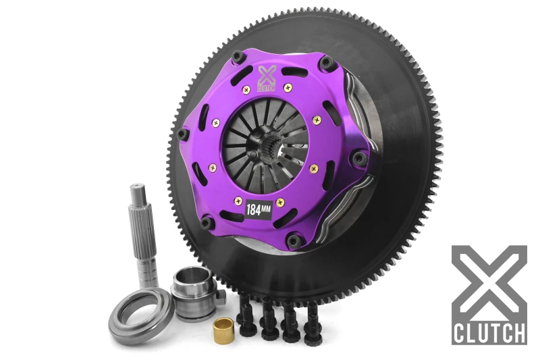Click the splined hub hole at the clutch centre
268,141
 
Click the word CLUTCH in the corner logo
490,332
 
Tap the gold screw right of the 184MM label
281,203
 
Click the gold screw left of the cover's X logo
244,88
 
